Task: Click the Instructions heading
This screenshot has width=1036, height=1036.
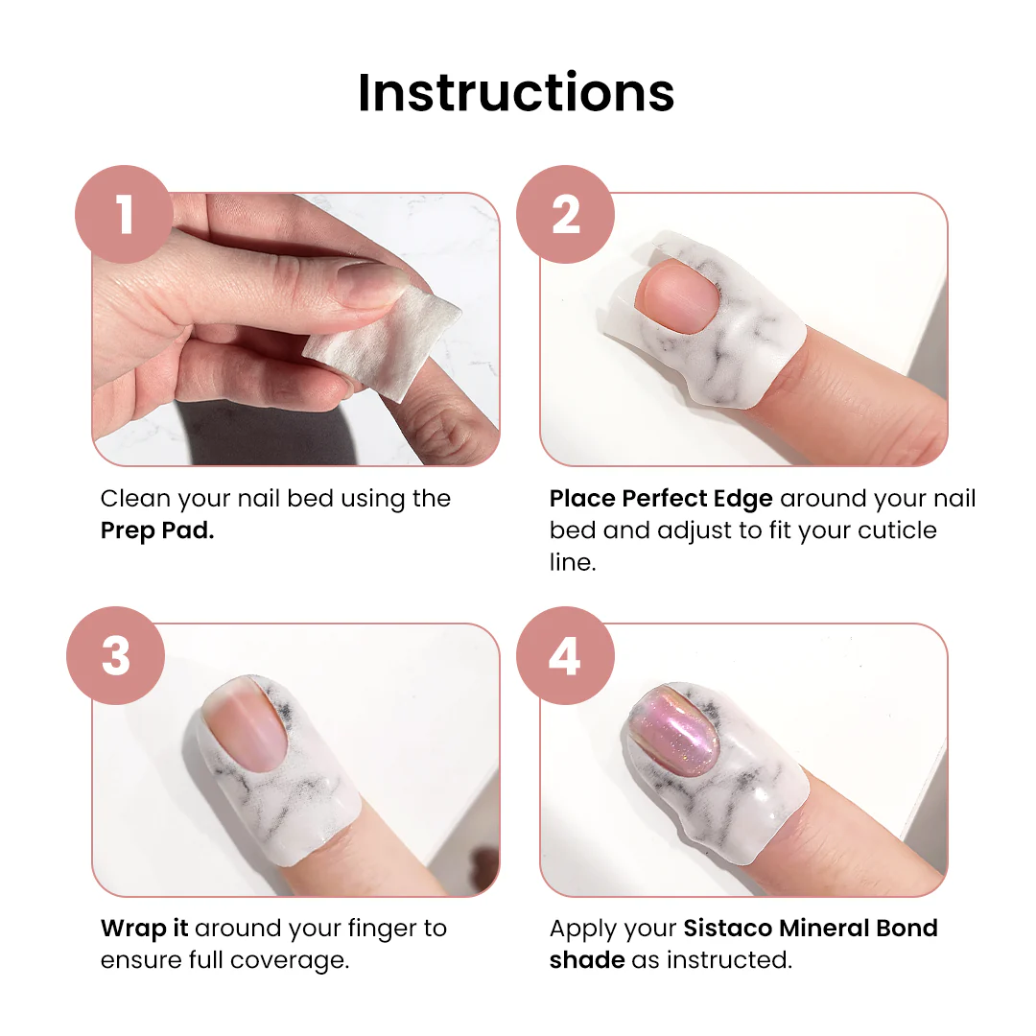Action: coord(516,92)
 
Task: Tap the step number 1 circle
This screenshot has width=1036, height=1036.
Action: coord(124,214)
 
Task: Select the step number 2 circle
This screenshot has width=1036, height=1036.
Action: coord(566,214)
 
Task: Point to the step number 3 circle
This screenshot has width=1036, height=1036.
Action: coord(116,655)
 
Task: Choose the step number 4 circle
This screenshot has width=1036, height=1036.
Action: coord(566,655)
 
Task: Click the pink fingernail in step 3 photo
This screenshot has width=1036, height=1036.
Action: coord(245,722)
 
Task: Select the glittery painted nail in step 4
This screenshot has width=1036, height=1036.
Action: coord(675,730)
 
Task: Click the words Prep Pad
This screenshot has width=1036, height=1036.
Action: coord(157,530)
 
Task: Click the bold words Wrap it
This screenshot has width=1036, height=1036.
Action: coord(145,929)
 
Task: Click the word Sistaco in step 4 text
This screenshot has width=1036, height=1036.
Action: coord(727,929)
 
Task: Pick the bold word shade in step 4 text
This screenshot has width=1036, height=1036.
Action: coord(587,960)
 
